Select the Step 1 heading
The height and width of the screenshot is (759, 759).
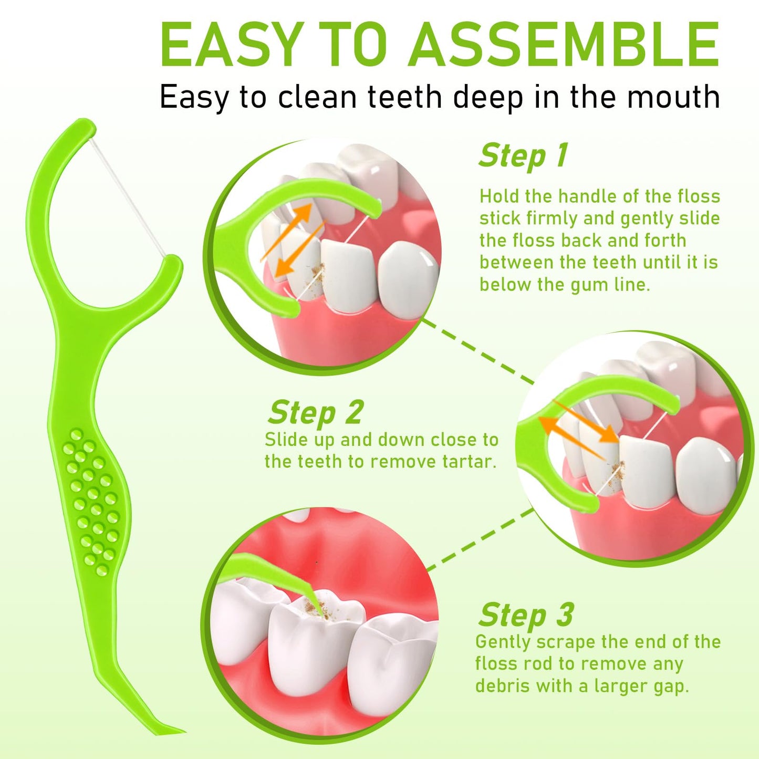click(x=524, y=155)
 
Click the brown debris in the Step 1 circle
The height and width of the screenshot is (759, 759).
click(x=317, y=272)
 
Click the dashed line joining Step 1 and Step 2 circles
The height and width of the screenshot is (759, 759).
click(x=477, y=351)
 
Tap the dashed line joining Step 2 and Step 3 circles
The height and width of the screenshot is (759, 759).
click(x=481, y=539)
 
